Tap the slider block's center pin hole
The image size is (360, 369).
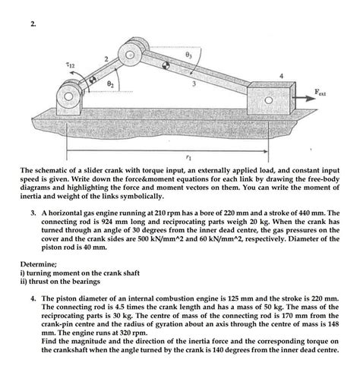[x=270, y=99]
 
